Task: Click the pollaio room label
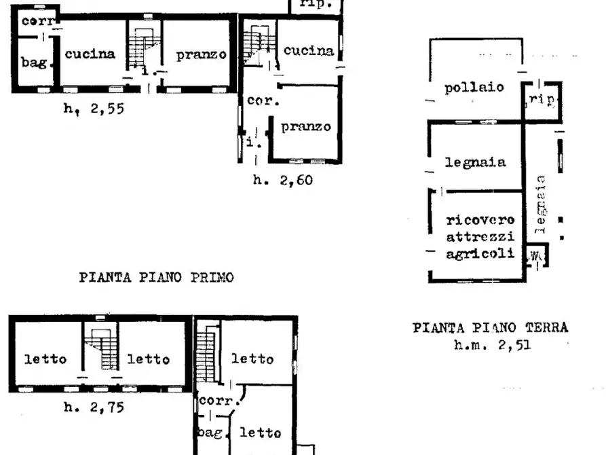pos(474,87)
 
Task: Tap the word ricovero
pos(480,220)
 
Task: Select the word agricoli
pos(480,254)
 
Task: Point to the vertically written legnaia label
pos(541,204)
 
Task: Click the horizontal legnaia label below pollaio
pos(475,162)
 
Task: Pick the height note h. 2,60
pos(283,180)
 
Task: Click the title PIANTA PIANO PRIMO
pos(157,277)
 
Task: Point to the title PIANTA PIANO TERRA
pos(491,328)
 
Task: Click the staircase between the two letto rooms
pos(101,350)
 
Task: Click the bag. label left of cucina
pos(35,63)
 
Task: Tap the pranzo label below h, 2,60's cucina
pos(306,126)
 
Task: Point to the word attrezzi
pos(480,237)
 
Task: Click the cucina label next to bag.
pos(90,54)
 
